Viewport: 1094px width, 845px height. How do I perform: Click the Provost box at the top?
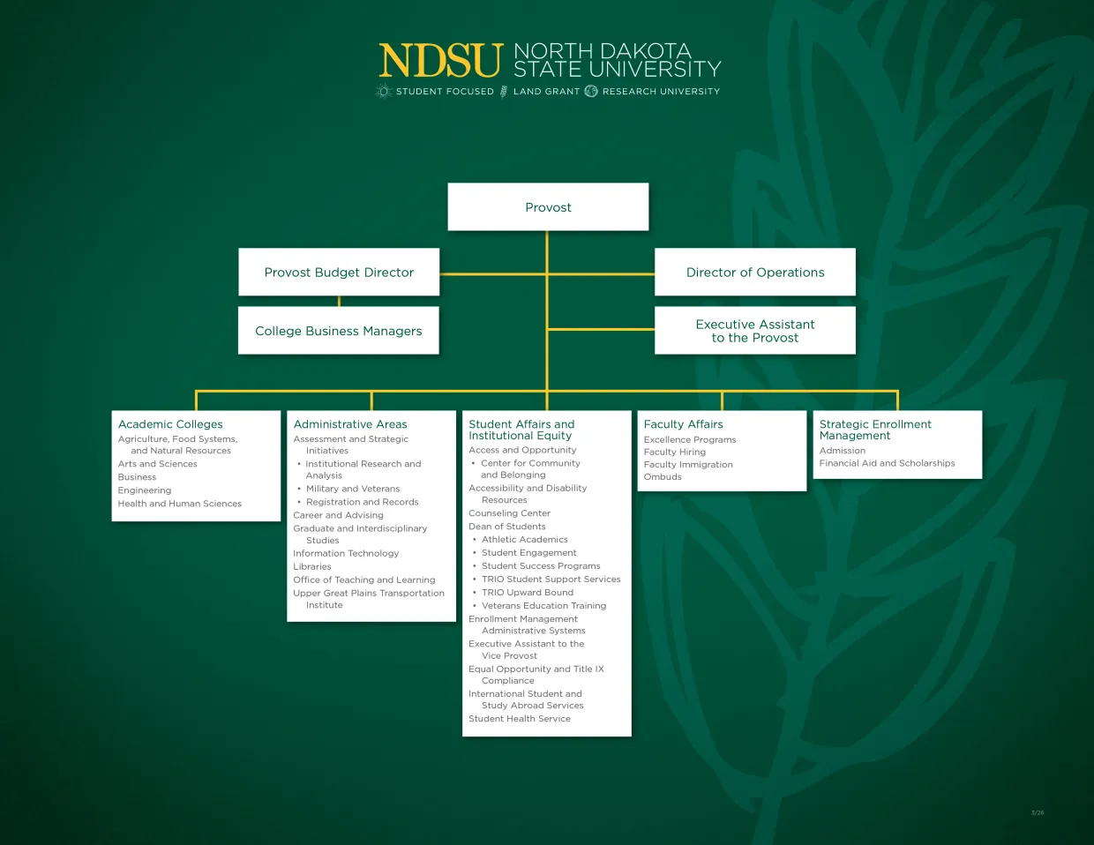click(x=548, y=207)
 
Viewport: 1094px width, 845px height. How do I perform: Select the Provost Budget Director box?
click(x=339, y=273)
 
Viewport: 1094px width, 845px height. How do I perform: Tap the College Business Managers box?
click(x=339, y=331)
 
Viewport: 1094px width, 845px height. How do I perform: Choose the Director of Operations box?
click(x=755, y=273)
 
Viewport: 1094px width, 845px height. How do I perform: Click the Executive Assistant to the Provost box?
click(x=755, y=331)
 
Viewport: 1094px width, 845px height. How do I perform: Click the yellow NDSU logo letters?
click(x=440, y=62)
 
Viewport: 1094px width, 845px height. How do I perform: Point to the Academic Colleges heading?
click(x=170, y=424)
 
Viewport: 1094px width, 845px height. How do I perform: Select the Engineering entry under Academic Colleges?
click(x=145, y=490)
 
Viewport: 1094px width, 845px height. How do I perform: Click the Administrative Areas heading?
click(x=350, y=424)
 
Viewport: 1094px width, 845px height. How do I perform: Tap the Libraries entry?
click(x=312, y=567)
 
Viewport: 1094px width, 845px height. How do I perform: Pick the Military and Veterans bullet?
click(x=353, y=489)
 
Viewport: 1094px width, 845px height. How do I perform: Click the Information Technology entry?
click(x=346, y=554)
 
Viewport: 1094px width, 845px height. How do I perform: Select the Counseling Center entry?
click(x=509, y=513)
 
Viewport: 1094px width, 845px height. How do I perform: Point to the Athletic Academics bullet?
click(x=525, y=540)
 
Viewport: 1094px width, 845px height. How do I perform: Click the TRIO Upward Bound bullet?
click(x=528, y=593)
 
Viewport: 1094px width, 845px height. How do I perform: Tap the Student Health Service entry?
click(x=520, y=719)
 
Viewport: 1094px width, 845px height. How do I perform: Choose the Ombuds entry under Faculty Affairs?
click(x=663, y=477)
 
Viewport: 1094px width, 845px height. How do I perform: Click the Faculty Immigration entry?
click(x=688, y=465)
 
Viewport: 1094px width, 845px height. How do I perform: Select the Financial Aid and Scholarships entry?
click(x=887, y=463)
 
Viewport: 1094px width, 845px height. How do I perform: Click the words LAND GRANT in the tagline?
click(x=546, y=92)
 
